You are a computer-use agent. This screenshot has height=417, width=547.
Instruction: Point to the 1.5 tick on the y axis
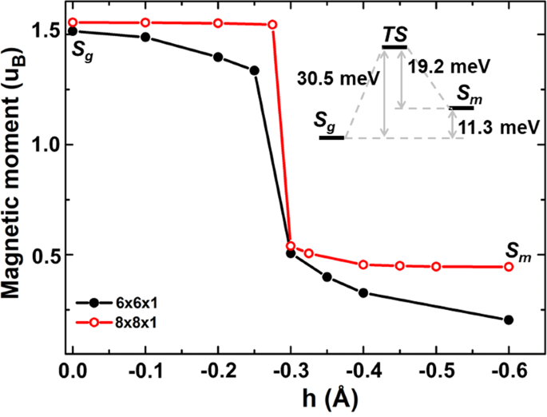coord(44,32)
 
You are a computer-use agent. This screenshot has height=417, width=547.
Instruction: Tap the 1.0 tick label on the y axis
coord(44,144)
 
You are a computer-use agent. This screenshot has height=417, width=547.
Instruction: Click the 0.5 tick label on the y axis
coord(44,256)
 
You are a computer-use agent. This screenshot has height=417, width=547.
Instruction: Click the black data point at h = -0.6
coord(509,320)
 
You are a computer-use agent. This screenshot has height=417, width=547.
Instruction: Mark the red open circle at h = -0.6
coord(509,266)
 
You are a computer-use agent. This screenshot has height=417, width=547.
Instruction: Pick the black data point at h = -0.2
coord(218,57)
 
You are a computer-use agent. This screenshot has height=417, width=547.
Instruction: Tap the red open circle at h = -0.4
coord(363,264)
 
